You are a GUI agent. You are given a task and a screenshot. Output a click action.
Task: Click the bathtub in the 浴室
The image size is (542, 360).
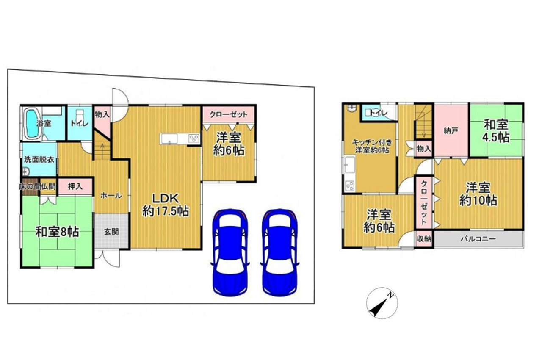(x=33, y=123)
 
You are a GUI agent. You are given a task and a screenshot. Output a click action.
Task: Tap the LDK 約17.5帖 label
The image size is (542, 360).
(x=166, y=205)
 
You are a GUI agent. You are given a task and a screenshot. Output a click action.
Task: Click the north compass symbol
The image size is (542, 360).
(x=382, y=303)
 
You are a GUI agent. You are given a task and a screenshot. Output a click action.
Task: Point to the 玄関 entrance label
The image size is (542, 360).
(x=111, y=232)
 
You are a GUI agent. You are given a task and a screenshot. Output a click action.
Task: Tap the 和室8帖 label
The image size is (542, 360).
(x=57, y=232)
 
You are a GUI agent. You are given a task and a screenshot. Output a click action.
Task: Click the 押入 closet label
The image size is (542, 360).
(x=75, y=186)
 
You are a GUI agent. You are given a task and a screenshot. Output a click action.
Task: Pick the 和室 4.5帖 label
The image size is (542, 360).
(x=496, y=131)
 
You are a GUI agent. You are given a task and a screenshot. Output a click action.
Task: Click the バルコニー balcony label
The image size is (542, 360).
(x=478, y=239)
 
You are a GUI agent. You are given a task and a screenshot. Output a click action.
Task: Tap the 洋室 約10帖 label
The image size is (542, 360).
(x=478, y=194)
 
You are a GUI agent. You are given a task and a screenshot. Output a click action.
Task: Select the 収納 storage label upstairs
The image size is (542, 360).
(x=424, y=239)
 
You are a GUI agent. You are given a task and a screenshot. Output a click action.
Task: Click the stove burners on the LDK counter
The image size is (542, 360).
(x=194, y=139)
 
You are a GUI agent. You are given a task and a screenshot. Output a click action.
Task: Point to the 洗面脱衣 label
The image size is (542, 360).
(x=39, y=160)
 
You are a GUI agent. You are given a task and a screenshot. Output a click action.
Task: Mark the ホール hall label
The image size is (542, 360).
(x=111, y=196)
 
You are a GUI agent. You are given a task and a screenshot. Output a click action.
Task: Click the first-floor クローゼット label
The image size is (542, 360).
(x=228, y=114)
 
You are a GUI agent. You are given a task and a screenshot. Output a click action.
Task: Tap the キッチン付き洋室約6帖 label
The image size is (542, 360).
(x=372, y=146)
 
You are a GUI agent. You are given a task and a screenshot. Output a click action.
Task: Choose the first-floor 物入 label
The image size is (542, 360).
(x=102, y=114)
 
